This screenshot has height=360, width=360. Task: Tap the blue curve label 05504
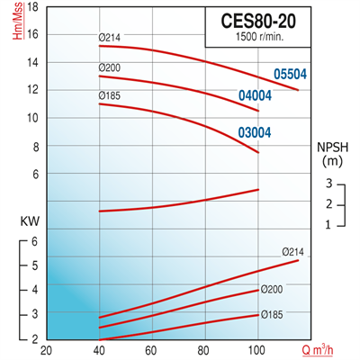tap(292, 75)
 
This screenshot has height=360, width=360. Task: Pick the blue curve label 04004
tap(254, 96)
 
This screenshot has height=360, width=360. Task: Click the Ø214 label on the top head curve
tap(110, 38)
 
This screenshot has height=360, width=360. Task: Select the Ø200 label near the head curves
tap(110, 67)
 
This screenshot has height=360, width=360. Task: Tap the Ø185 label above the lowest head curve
tap(110, 94)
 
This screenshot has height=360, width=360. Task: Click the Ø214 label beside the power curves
tap(293, 250)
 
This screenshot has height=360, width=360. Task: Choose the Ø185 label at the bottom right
tap(273, 315)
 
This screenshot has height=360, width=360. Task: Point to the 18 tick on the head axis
tap(33, 6)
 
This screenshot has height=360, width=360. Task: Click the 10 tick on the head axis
tap(33, 118)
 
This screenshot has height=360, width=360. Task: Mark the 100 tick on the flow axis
tap(258, 350)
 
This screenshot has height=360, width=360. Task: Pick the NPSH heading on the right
tap(329, 146)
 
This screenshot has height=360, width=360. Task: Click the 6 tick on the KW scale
tap(34, 241)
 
